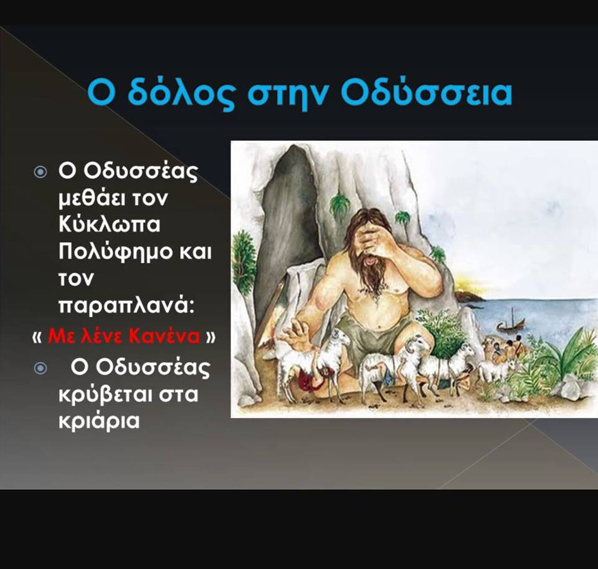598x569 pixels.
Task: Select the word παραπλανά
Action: [x=126, y=305]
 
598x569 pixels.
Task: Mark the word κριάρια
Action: [x=99, y=421]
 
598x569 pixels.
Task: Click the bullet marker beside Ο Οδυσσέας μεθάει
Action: [x=40, y=172]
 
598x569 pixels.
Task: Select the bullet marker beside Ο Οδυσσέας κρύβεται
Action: [x=40, y=368]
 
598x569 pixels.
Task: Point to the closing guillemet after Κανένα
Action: [x=211, y=337]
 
